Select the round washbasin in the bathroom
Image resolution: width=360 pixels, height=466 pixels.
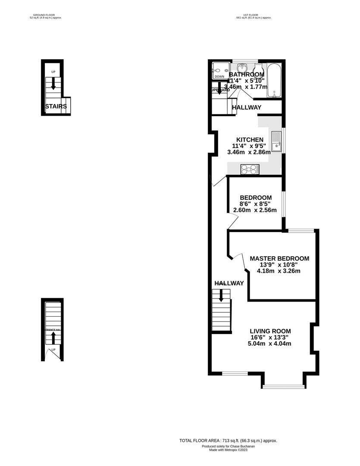[243, 68]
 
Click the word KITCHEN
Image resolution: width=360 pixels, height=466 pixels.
[248, 140]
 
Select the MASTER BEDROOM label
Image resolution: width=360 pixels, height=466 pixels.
[279, 258]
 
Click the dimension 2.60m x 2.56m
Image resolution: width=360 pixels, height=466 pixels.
[255, 210]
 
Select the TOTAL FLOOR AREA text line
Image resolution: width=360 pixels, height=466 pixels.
[228, 441]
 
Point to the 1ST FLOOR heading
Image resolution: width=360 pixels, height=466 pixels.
[254, 15]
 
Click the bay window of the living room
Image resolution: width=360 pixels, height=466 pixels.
[282, 386]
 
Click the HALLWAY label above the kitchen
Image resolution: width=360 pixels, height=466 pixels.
[247, 107]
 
